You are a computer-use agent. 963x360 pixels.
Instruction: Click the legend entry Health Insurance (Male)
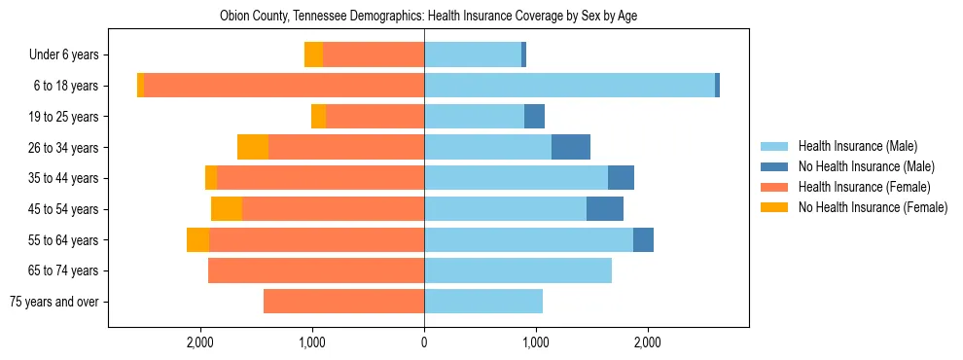pos(857,146)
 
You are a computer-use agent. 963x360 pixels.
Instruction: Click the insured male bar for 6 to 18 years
pos(569,86)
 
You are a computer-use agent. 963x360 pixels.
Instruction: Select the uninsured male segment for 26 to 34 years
pos(571,147)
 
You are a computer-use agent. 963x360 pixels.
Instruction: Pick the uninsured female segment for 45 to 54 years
pos(227,209)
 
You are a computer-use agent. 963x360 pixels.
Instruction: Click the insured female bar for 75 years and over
pos(343,302)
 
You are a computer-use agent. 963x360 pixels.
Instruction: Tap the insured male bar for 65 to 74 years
pos(517,270)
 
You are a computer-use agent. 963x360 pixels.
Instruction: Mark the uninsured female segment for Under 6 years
pos(313,54)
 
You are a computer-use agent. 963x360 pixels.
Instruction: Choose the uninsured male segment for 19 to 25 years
pos(534,117)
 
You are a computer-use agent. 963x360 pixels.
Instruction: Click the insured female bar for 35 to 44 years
pos(320,178)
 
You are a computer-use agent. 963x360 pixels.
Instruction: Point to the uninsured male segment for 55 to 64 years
pos(643,239)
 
